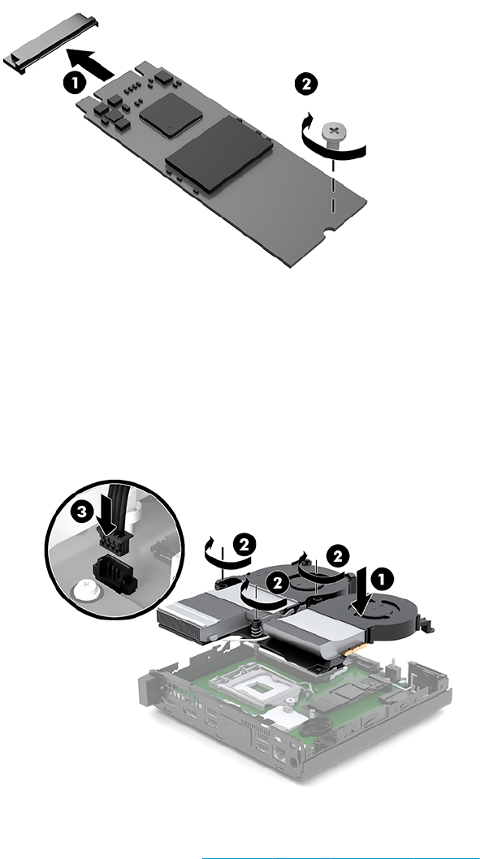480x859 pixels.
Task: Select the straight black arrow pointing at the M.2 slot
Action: coord(90,63)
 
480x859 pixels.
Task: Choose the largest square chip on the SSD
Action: coord(218,154)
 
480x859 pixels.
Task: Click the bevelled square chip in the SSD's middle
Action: coord(171,114)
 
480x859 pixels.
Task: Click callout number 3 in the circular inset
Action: coord(82,512)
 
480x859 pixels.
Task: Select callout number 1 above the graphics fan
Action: coord(382,579)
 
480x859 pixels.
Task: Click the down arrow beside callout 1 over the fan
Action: coord(361,594)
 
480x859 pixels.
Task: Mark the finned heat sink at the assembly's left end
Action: coord(186,614)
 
